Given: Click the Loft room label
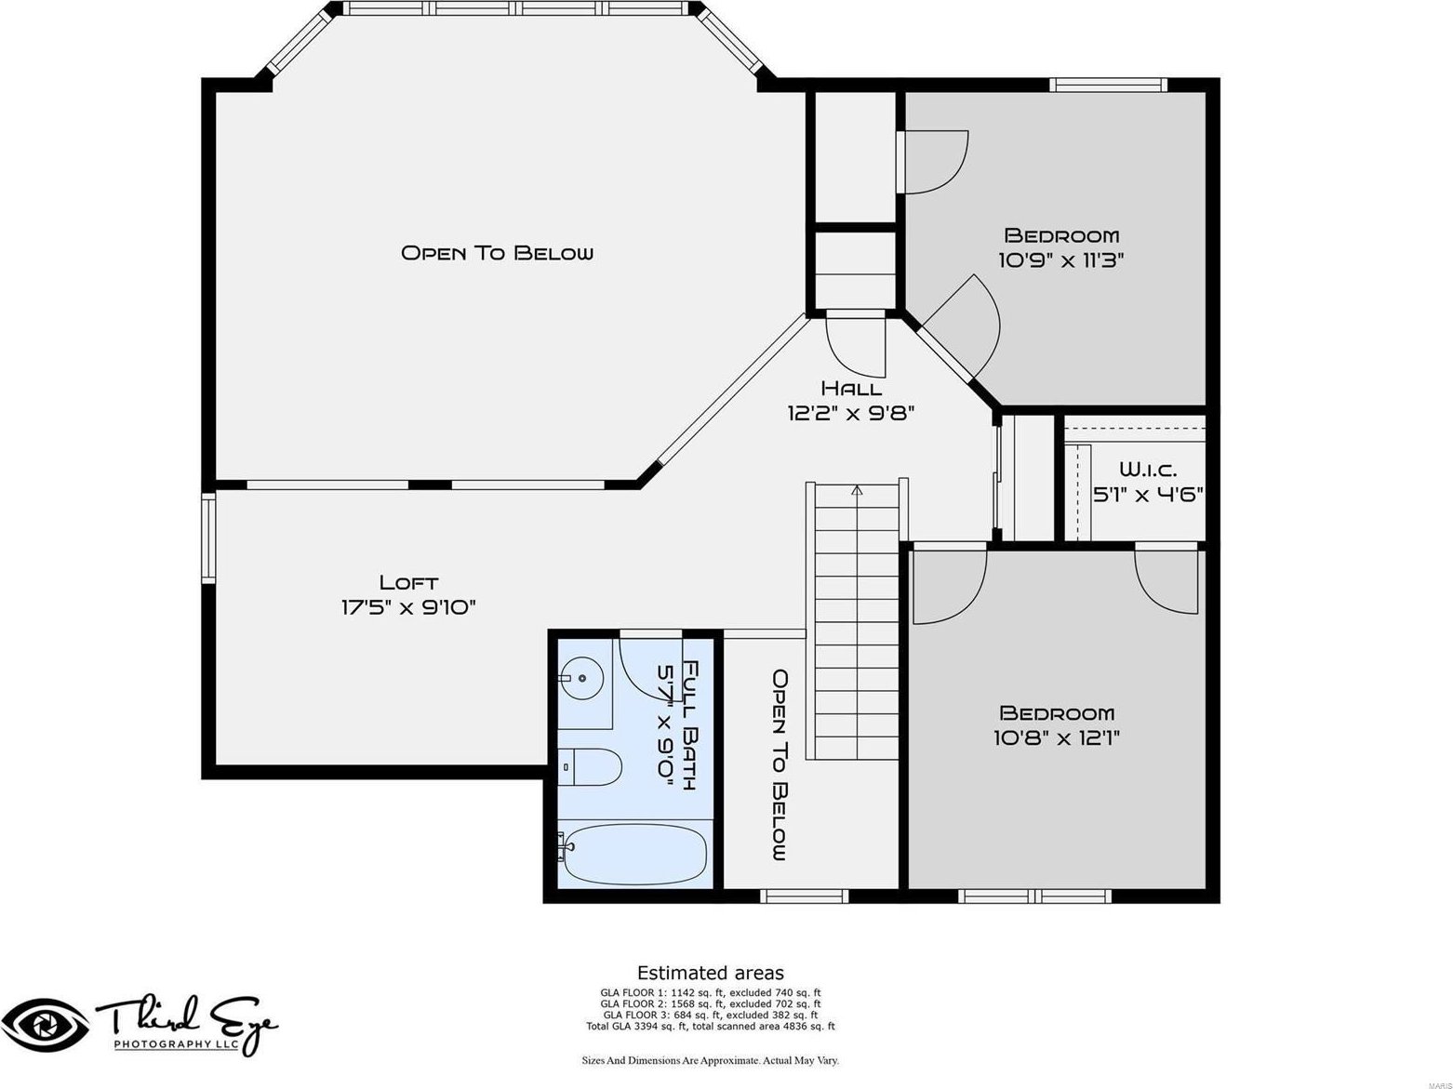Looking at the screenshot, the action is pos(408,583).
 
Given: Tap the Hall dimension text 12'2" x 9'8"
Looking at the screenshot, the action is pos(850,414).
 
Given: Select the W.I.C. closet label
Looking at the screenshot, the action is pos(1148,470).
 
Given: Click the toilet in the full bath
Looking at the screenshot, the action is pos(590,767).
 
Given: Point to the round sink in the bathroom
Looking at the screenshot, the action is pos(582,678).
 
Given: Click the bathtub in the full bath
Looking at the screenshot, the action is pos(633,854).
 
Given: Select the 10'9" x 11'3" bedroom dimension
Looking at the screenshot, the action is pos(1061,260).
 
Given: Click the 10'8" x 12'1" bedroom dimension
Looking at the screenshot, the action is pos(1057,737).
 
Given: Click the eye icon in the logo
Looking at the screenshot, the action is pos(45,1026).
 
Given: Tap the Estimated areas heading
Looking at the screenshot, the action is pos(711,973).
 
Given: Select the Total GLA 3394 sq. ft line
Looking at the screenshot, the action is pos(711,1026).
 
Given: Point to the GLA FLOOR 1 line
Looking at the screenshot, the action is pos(711,992).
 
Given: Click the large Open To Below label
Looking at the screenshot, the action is pos(497,253).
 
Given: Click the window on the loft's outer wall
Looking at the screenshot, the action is pos(208,538).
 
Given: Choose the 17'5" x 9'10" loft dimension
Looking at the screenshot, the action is pos(408,607).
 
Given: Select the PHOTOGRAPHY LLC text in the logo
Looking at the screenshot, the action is pos(176,1044).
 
